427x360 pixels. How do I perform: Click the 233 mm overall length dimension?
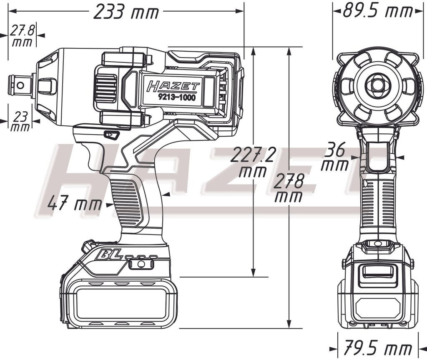click(x=126, y=12)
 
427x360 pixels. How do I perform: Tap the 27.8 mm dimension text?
click(x=22, y=36)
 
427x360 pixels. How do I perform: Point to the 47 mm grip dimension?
click(x=74, y=204)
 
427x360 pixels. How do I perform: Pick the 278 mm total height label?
click(x=289, y=188)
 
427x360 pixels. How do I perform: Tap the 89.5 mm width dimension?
click(x=377, y=11)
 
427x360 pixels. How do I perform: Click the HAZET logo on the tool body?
click(x=173, y=86)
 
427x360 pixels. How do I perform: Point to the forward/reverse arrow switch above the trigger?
click(x=111, y=135)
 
